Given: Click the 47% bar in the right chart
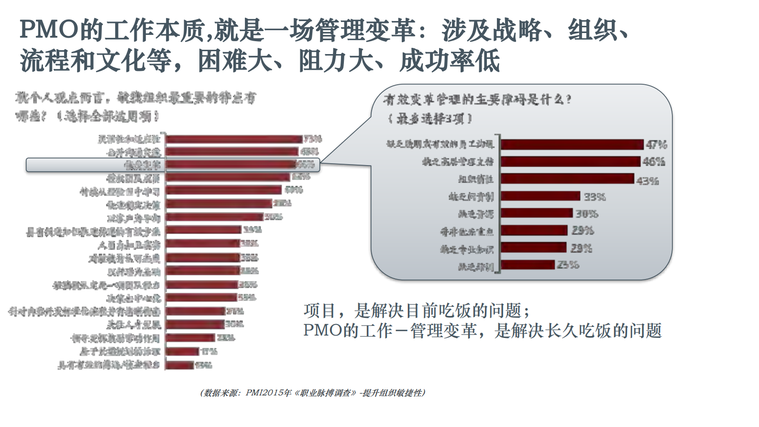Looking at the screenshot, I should click(x=572, y=144).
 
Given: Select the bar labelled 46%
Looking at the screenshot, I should click(x=570, y=161).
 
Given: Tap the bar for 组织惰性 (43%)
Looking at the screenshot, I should click(x=568, y=179).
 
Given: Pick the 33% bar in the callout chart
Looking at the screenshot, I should click(x=540, y=196).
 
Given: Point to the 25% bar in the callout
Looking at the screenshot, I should click(x=528, y=265).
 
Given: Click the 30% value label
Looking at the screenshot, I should click(x=586, y=213).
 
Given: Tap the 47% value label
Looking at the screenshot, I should click(x=656, y=145).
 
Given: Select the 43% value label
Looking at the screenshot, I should click(x=648, y=181).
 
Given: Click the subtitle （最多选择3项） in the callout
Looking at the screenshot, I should click(x=429, y=118).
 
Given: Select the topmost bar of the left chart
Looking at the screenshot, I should click(x=234, y=139).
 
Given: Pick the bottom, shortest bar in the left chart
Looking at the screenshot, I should click(x=180, y=365).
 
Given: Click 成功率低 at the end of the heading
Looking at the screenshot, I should click(x=450, y=61).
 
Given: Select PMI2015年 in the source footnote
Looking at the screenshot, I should click(x=268, y=393).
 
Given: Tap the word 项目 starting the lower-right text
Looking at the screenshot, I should click(x=319, y=311).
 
